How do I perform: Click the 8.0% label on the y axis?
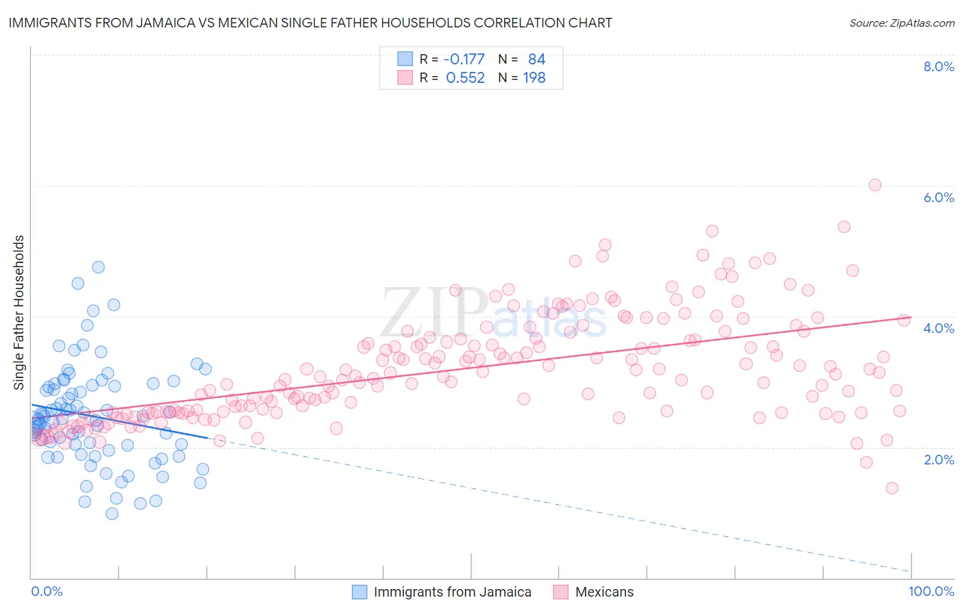938,66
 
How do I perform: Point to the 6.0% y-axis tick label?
938,197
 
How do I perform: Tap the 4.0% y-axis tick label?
938,328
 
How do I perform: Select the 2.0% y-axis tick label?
938,460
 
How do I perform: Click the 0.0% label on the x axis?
47,591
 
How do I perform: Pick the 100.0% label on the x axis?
931,591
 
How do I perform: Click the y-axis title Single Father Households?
19,312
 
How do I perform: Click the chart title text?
310,23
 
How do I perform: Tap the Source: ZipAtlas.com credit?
901,23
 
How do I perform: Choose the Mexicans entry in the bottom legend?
604,592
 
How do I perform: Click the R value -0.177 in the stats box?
464,60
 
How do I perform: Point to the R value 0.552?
465,78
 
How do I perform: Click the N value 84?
536,60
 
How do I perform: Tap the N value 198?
534,78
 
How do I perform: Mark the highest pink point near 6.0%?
875,185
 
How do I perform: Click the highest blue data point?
99,267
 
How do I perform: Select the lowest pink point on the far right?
892,488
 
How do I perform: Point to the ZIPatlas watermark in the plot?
493,314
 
